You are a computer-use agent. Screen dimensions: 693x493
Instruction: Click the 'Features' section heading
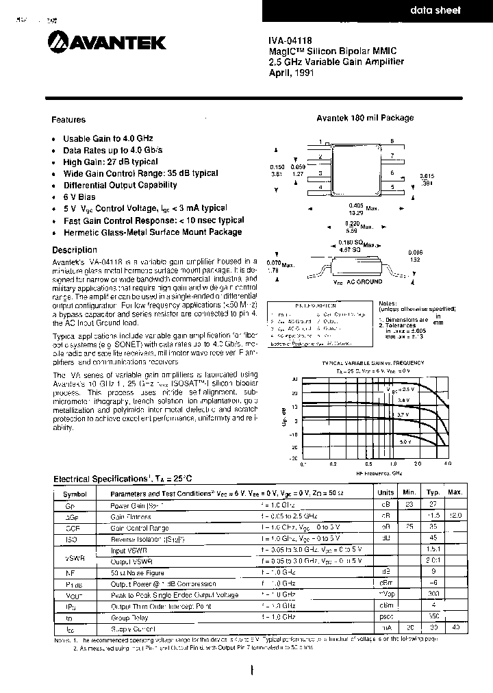click(x=69, y=120)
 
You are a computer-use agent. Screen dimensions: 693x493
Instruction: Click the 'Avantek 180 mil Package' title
click(x=365, y=118)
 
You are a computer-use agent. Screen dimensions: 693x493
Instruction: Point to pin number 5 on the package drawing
click(x=392, y=186)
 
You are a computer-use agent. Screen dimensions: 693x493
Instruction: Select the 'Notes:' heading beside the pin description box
click(x=388, y=302)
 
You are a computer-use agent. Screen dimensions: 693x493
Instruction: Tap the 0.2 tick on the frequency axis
click(x=332, y=464)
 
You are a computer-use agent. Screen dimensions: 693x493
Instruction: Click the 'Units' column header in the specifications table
click(x=385, y=492)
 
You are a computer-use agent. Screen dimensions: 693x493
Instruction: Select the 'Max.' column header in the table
click(x=455, y=492)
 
